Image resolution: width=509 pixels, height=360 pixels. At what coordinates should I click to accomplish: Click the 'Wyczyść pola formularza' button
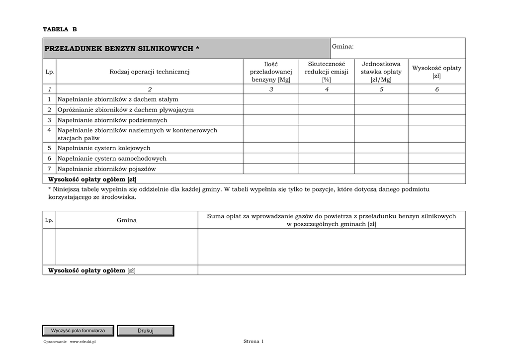[x=78, y=331]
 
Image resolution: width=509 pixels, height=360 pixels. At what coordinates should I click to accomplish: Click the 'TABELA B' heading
[x=60, y=29]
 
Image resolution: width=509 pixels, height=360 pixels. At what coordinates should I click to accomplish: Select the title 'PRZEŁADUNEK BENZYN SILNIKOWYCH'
[x=122, y=48]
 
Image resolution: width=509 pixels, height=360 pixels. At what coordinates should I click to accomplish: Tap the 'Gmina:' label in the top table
[x=342, y=46]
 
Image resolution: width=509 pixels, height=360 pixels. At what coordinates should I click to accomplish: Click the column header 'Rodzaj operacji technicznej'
[x=150, y=72]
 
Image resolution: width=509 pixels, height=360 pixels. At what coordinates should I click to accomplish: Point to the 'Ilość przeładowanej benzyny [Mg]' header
[x=271, y=72]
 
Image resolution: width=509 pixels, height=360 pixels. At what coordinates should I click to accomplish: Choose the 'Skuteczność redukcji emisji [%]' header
[x=327, y=72]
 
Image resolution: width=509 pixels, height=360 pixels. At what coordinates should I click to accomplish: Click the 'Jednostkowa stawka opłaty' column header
[x=381, y=72]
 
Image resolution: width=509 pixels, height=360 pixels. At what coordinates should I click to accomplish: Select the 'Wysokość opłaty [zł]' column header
[x=436, y=72]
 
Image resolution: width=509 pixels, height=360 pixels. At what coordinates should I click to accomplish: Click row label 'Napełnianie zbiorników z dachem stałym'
[x=118, y=99]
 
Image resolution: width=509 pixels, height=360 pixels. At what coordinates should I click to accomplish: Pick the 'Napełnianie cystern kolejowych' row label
[x=104, y=148]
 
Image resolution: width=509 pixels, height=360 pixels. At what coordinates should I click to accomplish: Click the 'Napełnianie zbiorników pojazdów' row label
[x=106, y=169]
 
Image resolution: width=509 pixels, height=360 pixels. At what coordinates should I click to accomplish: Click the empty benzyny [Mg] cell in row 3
[x=271, y=120]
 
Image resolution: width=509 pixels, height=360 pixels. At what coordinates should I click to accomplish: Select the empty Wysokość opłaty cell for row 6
[x=436, y=159]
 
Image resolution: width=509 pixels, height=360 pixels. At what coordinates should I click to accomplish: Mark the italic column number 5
[x=381, y=90]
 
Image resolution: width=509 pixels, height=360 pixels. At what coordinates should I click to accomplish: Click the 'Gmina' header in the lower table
[x=127, y=220]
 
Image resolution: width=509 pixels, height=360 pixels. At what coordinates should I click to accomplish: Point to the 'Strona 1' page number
[x=254, y=342]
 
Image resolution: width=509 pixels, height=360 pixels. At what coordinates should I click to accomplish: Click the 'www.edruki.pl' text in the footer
[x=83, y=342]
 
